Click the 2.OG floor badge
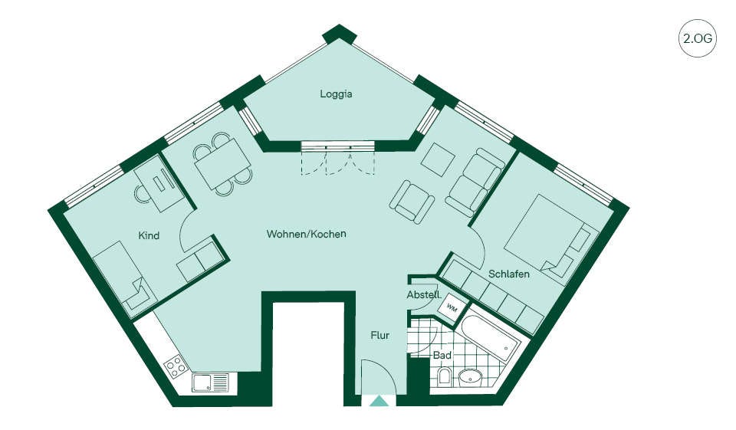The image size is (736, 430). pyautogui.click(x=698, y=38)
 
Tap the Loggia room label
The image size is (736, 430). pyautogui.click(x=336, y=94)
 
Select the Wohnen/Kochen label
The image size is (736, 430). pyautogui.click(x=307, y=234)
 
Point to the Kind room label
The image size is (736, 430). pyautogui.click(x=149, y=235)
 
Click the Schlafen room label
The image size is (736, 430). pyautogui.click(x=509, y=274)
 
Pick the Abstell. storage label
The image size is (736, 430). pyautogui.click(x=424, y=295)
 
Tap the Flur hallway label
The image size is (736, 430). pyautogui.click(x=380, y=336)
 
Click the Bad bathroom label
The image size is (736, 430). pyautogui.click(x=442, y=356)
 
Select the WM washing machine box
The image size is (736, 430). pyautogui.click(x=452, y=308)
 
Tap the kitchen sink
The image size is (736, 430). pyautogui.click(x=210, y=382)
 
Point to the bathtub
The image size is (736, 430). pyautogui.click(x=488, y=338)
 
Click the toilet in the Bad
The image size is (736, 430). pyautogui.click(x=444, y=377)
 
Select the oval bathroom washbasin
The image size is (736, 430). pyautogui.click(x=470, y=377)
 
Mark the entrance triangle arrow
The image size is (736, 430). pyautogui.click(x=379, y=401)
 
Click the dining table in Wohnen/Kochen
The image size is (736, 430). pyautogui.click(x=223, y=163)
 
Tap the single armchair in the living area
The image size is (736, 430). pyautogui.click(x=412, y=202)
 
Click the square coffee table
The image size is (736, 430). pyautogui.click(x=438, y=159)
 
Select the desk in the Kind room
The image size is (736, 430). pyautogui.click(x=160, y=184)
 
